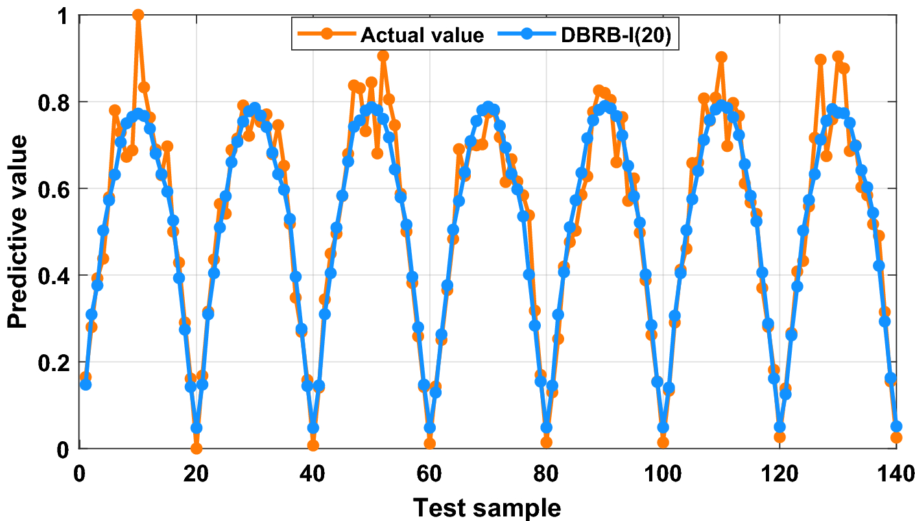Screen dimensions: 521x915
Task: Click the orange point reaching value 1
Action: pyautogui.click(x=138, y=15)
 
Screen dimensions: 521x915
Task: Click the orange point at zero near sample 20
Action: pyautogui.click(x=196, y=448)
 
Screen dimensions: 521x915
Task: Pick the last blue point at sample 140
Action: pyautogui.click(x=896, y=426)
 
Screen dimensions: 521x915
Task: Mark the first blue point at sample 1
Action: pyautogui.click(x=86, y=385)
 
